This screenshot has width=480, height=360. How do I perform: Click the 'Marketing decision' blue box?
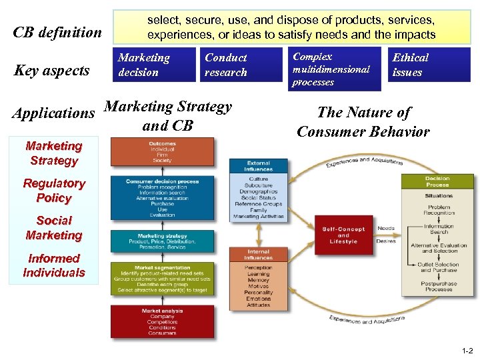(x=155, y=65)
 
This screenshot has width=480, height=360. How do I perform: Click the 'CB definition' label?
(x=58, y=32)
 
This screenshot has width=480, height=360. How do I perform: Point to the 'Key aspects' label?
(x=51, y=71)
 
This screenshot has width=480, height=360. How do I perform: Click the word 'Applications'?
(x=53, y=113)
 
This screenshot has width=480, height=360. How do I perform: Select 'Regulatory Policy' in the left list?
(x=54, y=190)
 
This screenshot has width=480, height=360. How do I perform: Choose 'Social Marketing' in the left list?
(x=54, y=227)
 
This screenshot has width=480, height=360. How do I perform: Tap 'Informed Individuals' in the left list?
(x=54, y=265)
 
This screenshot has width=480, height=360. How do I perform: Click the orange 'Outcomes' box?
(x=162, y=151)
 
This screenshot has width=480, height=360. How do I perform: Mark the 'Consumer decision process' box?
(x=162, y=197)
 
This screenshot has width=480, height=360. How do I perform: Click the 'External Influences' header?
(x=259, y=166)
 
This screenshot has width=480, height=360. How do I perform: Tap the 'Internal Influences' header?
(x=259, y=254)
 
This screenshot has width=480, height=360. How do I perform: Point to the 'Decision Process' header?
(x=438, y=181)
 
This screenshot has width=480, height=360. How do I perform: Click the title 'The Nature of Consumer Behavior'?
(x=363, y=122)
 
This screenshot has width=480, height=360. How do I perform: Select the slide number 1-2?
(x=466, y=350)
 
